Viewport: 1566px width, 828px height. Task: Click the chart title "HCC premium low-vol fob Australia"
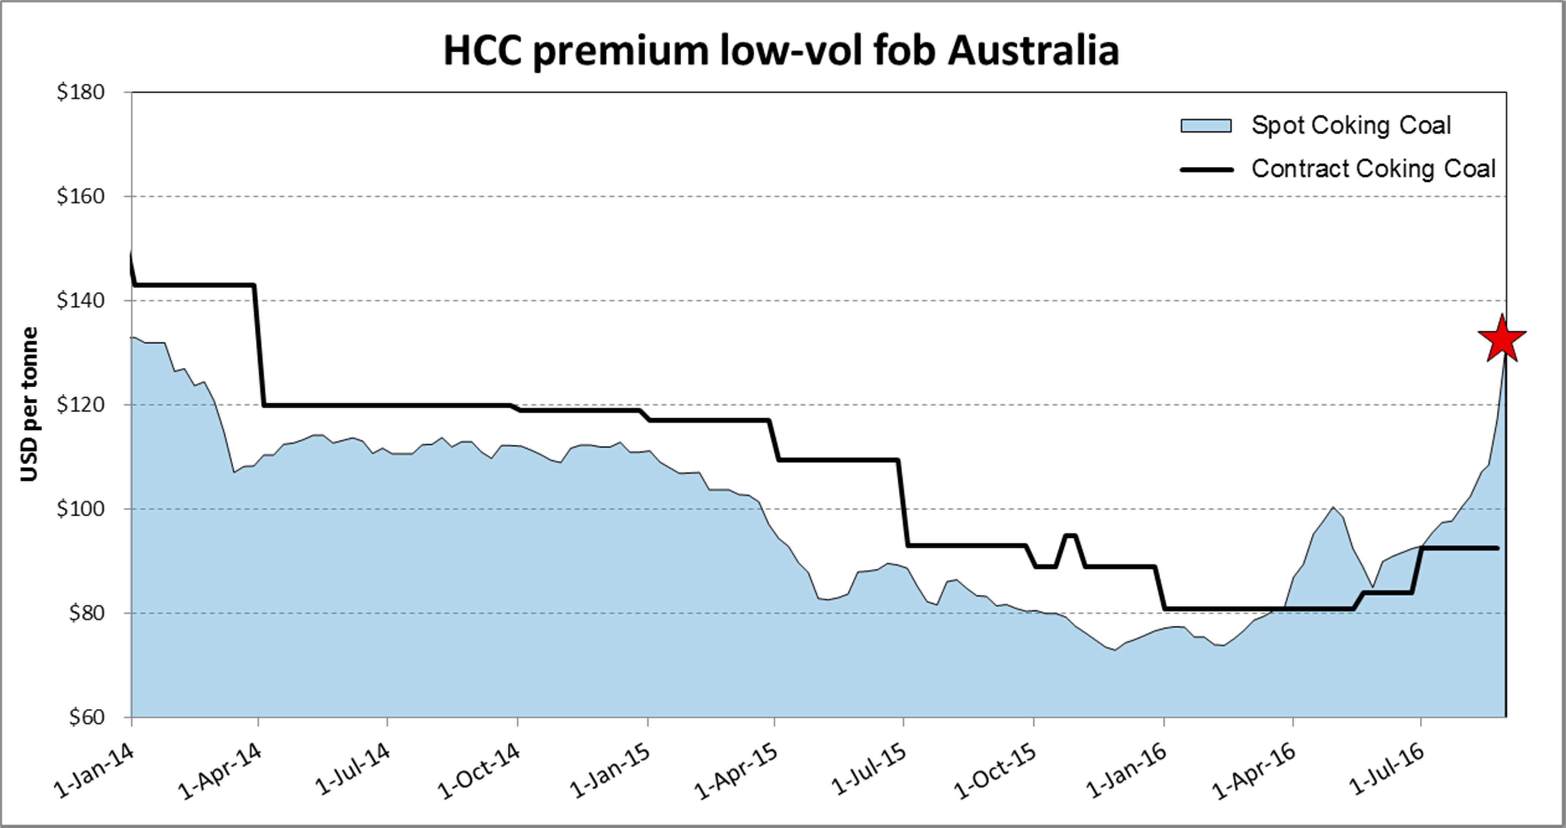(781, 50)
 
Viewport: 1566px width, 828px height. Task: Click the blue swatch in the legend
(1206, 126)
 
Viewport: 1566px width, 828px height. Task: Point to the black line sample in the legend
(1207, 170)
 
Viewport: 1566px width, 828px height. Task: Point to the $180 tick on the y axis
(81, 92)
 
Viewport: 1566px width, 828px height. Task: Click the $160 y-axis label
(81, 196)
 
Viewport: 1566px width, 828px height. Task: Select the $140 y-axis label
(81, 300)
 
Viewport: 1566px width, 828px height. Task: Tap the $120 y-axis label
(81, 404)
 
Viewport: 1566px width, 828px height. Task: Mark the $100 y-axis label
(81, 509)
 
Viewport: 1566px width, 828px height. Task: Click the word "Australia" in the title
(1033, 50)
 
